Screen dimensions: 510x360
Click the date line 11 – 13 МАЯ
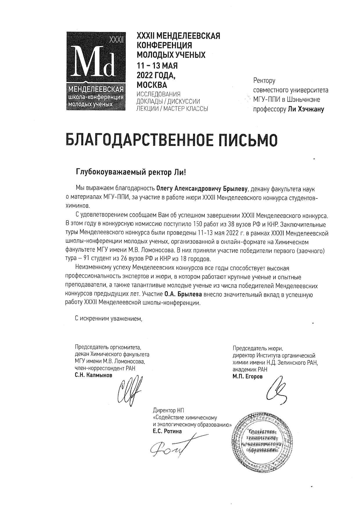point(157,66)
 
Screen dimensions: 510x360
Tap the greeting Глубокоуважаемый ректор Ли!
point(130,172)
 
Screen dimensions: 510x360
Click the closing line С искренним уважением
point(109,318)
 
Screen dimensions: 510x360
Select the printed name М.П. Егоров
point(247,377)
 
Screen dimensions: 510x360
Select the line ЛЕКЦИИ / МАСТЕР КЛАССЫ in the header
point(172,109)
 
